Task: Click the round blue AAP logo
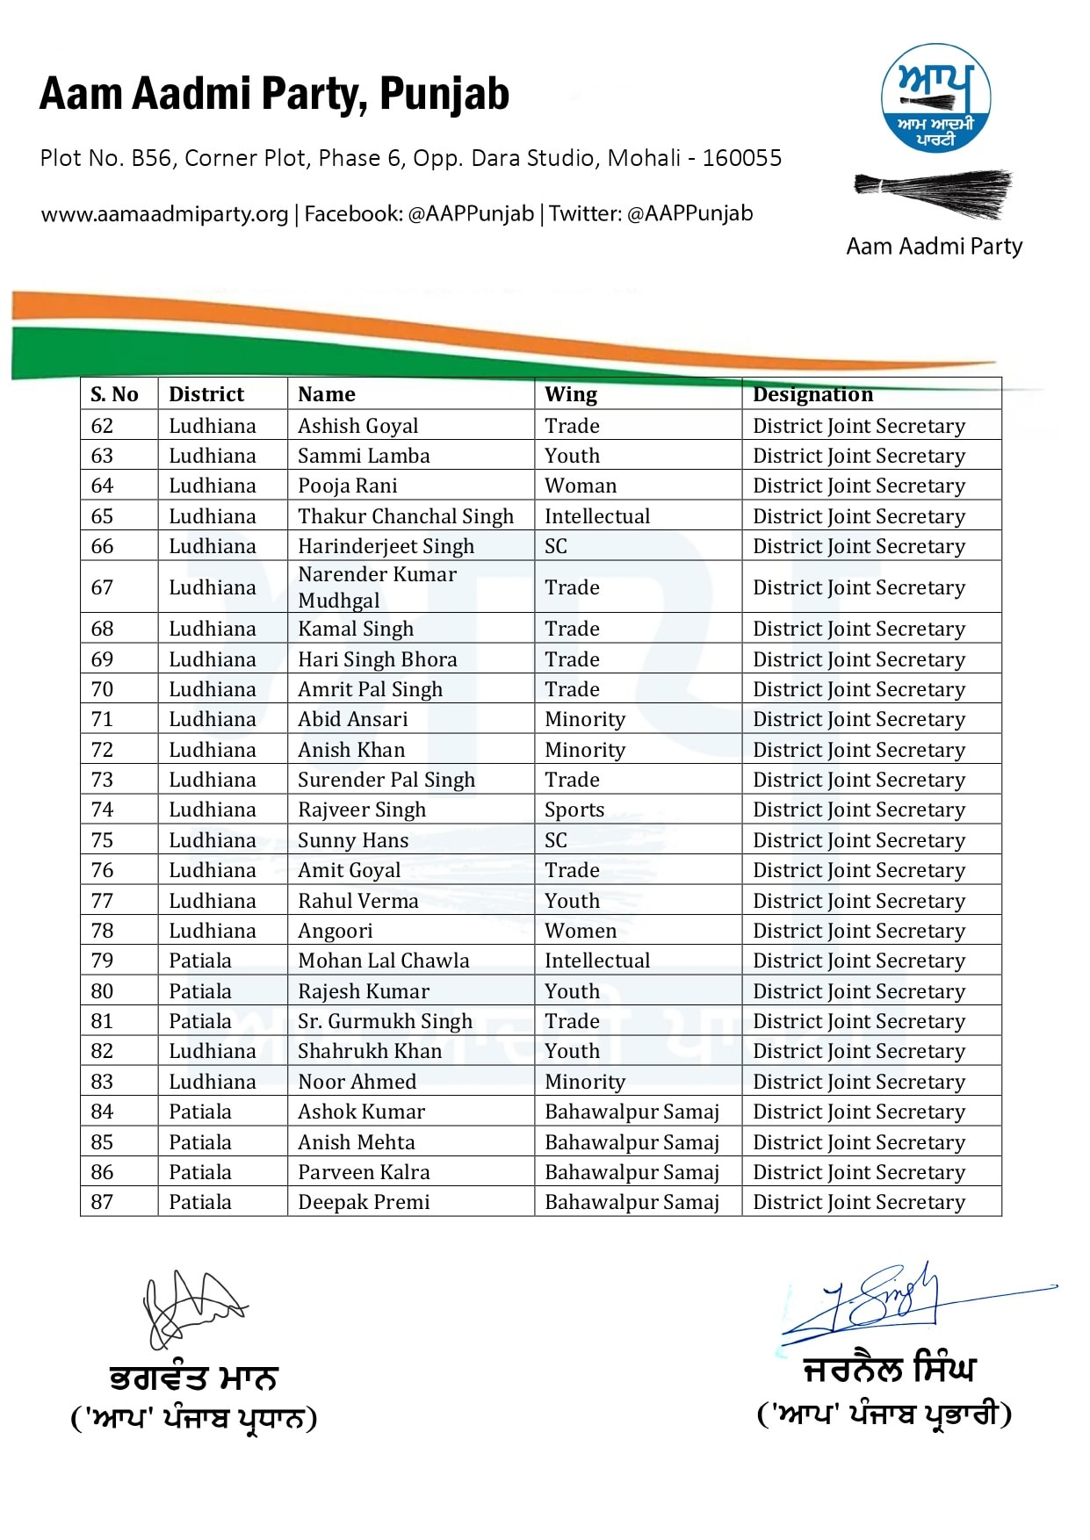[x=935, y=98]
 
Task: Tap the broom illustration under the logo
[x=933, y=194]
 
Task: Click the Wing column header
[x=571, y=394]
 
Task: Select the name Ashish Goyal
[x=357, y=426]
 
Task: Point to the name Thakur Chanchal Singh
[x=405, y=516]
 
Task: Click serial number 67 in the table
[x=102, y=587]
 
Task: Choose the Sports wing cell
[x=574, y=810]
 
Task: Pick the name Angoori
[x=335, y=931]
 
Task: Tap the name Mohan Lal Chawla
[x=383, y=961]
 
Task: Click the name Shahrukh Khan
[x=369, y=1051]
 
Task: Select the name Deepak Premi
[x=364, y=1202]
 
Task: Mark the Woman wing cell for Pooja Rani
[x=581, y=486]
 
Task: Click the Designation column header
[x=812, y=394]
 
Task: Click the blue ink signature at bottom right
[x=878, y=1299]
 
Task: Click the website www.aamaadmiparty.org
[x=164, y=213]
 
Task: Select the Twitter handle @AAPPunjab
[x=689, y=213]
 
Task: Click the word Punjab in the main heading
[x=444, y=94]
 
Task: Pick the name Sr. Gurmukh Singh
[x=385, y=1021]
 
